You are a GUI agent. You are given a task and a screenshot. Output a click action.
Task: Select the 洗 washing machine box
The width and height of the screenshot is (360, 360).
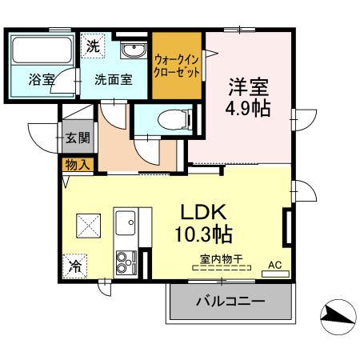point(94,46)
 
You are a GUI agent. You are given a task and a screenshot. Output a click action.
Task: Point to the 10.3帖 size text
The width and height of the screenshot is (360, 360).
point(203,235)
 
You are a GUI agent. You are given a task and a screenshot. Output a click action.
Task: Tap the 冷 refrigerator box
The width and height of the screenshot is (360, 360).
point(76,264)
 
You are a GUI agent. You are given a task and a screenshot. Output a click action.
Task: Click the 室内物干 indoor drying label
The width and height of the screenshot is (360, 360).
point(221,258)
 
